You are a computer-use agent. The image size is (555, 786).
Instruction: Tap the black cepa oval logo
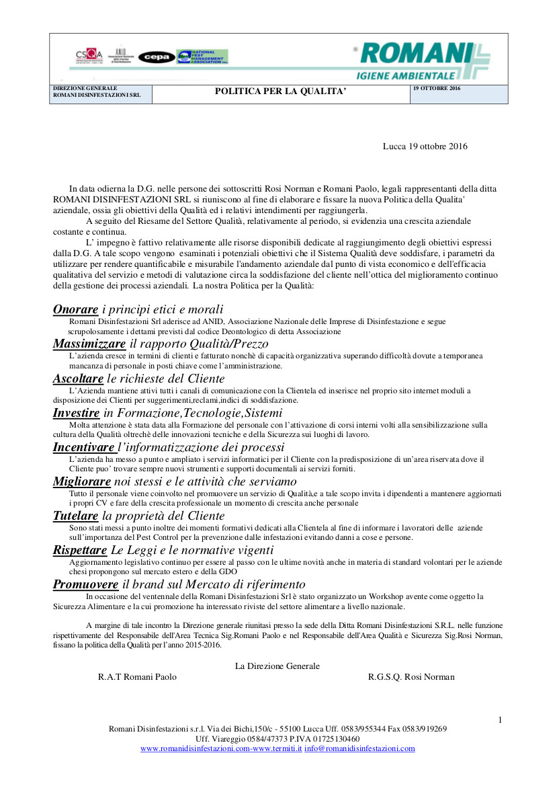[x=157, y=57]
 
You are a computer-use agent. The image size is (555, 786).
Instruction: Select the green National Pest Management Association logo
[x=202, y=56]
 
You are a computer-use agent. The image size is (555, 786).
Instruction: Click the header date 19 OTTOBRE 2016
[x=437, y=89]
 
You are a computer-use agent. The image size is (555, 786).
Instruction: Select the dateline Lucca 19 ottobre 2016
[x=425, y=147]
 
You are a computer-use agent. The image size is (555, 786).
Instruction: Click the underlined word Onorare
[x=75, y=309]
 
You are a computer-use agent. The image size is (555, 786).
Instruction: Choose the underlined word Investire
[x=76, y=414]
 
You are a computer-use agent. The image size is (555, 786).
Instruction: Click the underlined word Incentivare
[x=83, y=448]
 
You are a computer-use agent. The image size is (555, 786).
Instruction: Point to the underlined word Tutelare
[x=75, y=516]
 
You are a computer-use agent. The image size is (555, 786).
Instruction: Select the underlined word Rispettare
[x=80, y=551]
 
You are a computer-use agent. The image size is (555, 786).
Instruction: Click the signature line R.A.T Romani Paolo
[x=137, y=677]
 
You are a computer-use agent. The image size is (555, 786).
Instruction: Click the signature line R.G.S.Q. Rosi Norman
[x=411, y=677]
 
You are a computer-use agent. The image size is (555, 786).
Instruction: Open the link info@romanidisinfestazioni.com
[x=359, y=748]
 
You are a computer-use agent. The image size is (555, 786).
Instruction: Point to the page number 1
[x=500, y=720]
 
